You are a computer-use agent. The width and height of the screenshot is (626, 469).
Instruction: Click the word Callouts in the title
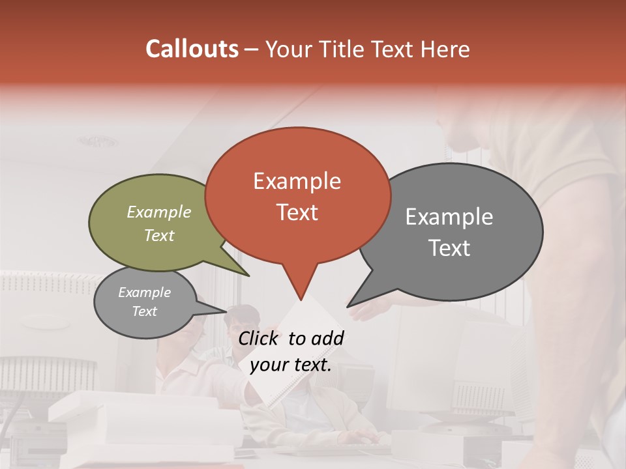192,49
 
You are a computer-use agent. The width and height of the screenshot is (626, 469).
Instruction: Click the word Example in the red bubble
297,181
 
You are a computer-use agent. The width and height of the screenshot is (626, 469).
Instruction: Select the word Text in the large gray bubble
450,248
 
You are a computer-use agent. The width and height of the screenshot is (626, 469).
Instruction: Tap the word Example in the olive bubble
159,212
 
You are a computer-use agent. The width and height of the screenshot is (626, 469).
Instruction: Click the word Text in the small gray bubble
145,311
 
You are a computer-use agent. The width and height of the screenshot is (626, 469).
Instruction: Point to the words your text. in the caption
291,365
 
